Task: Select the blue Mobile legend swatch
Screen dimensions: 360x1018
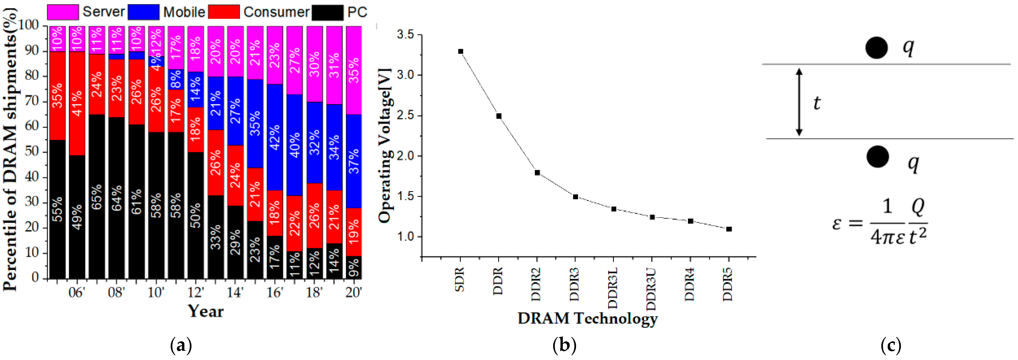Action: (x=144, y=12)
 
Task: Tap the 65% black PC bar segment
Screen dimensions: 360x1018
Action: (x=97, y=196)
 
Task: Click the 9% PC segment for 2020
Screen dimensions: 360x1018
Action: (x=354, y=267)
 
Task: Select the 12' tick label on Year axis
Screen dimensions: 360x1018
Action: (x=196, y=293)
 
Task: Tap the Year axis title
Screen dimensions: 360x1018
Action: (x=205, y=311)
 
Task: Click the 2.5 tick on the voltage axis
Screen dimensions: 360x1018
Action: (x=405, y=116)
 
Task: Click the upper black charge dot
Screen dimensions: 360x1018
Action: (x=877, y=48)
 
